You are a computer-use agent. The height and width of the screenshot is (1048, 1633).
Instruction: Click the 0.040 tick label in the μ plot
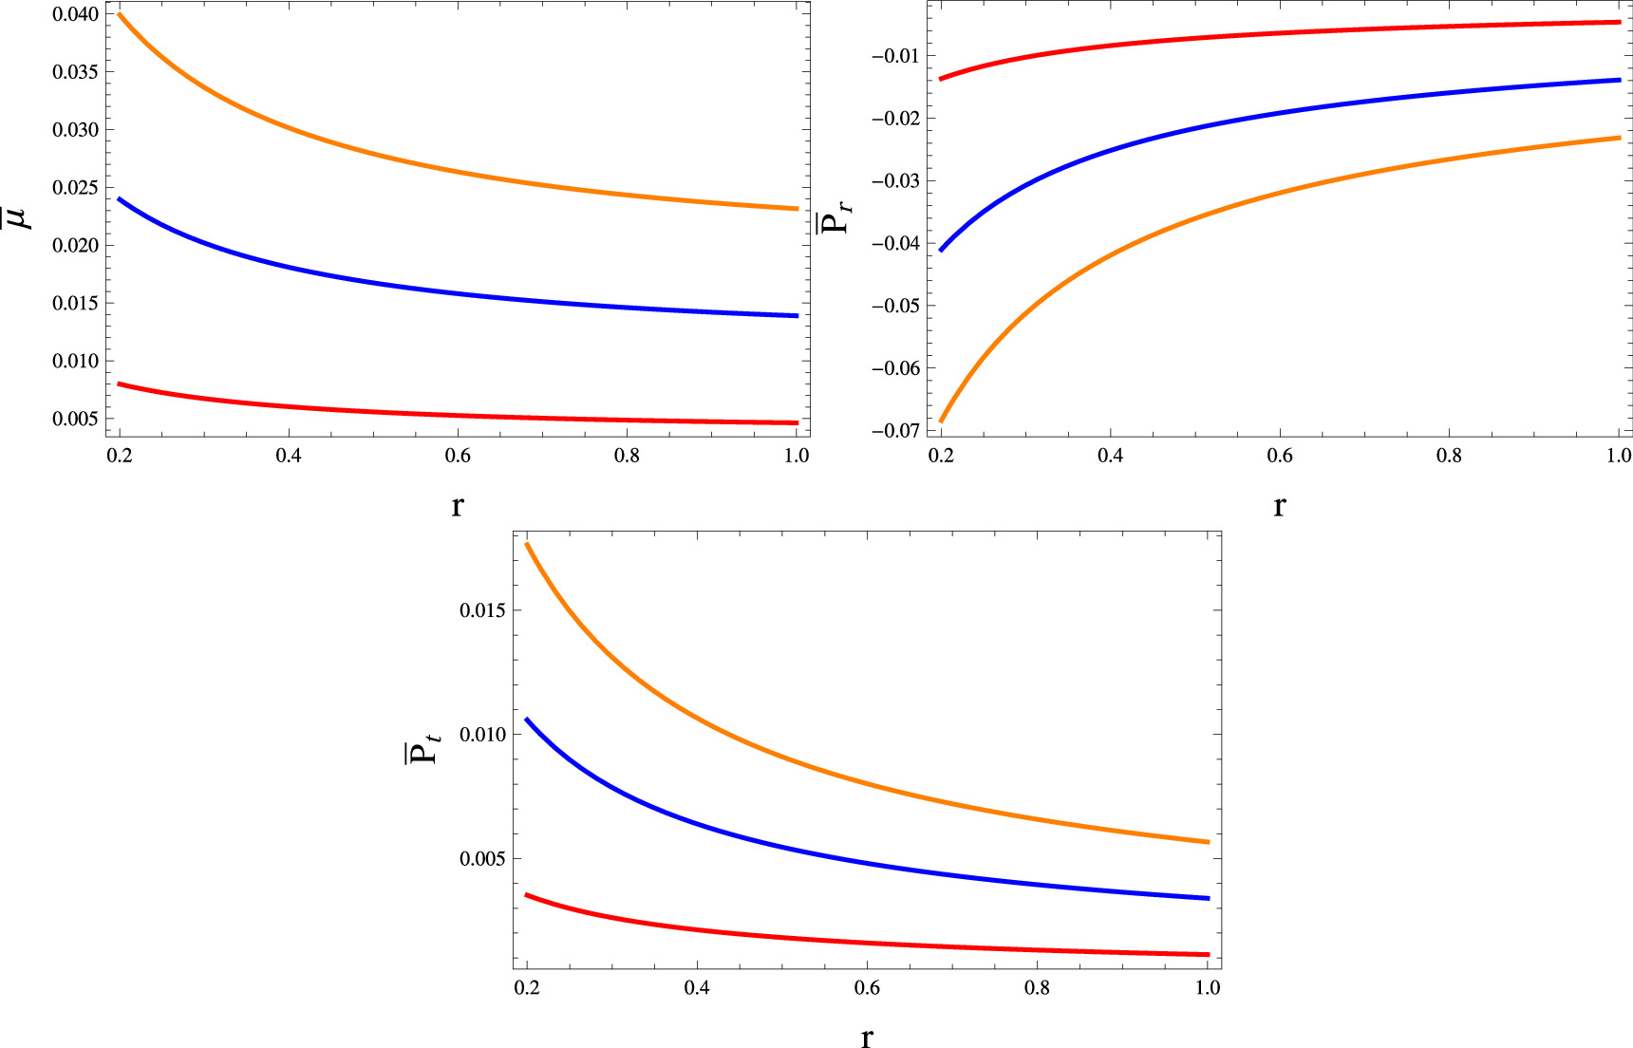(x=75, y=14)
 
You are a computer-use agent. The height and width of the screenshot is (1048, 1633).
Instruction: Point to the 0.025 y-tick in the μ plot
(x=75, y=188)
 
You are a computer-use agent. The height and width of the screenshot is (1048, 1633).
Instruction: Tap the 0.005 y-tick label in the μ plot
(x=75, y=419)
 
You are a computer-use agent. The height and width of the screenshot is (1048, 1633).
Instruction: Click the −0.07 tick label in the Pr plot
(x=894, y=431)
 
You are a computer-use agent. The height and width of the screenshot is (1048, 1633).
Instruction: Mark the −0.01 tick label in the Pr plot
(x=894, y=56)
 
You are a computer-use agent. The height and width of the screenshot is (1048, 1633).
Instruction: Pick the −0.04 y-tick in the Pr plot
(x=894, y=244)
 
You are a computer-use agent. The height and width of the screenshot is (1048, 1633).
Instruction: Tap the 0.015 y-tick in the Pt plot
(x=482, y=610)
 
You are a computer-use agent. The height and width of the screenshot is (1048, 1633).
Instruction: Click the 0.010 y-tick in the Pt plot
(x=482, y=735)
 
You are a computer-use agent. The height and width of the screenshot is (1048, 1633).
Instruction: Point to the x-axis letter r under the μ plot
(x=458, y=506)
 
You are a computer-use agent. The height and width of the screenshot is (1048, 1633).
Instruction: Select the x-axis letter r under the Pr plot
(x=1279, y=506)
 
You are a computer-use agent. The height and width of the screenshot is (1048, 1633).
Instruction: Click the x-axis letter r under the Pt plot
(x=866, y=1037)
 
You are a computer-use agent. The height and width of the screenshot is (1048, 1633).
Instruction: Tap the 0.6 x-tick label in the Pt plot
(x=867, y=988)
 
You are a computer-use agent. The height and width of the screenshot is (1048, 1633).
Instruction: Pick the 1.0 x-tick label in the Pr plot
(x=1618, y=457)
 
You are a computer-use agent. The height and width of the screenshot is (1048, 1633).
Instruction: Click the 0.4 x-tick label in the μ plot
(x=289, y=457)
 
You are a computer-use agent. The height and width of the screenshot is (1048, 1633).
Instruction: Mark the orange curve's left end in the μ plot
(x=120, y=13)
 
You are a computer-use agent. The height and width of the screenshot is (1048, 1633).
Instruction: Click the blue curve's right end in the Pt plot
(x=1208, y=898)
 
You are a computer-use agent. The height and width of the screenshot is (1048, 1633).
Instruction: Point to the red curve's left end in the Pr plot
(x=941, y=79)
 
